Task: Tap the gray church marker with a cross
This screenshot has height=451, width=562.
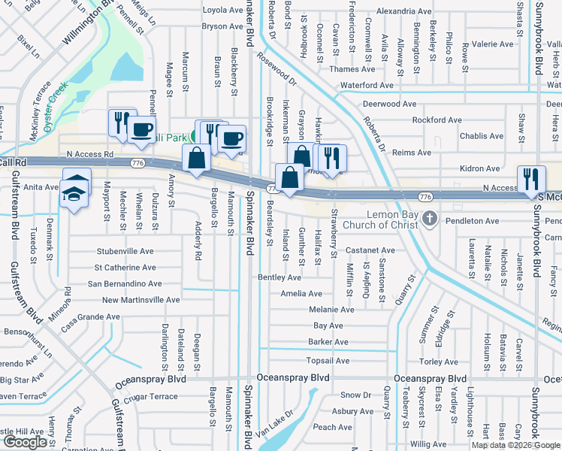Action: tap(430, 218)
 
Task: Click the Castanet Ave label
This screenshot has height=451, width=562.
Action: tap(370, 250)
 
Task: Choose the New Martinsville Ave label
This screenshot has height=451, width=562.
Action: tap(140, 300)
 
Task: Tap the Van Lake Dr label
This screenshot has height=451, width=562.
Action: tap(273, 425)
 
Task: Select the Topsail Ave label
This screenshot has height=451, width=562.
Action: tap(328, 361)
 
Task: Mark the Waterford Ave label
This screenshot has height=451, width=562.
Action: tap(367, 86)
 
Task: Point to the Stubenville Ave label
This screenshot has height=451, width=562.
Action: tap(125, 251)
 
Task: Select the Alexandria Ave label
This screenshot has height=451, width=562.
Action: tap(404, 11)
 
